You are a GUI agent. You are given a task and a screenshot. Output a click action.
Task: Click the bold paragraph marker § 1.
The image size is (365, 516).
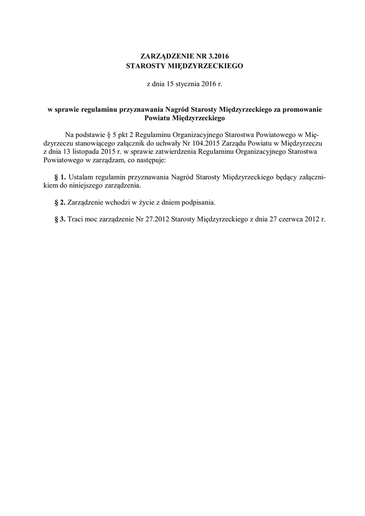point(59,177)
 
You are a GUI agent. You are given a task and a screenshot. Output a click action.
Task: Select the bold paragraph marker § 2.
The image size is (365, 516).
point(59,203)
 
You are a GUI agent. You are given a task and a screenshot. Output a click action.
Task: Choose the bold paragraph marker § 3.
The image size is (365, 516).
point(59,220)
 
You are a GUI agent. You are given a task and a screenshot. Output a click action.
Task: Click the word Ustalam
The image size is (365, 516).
point(80,177)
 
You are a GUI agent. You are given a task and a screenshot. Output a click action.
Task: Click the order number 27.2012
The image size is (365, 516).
point(162,220)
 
